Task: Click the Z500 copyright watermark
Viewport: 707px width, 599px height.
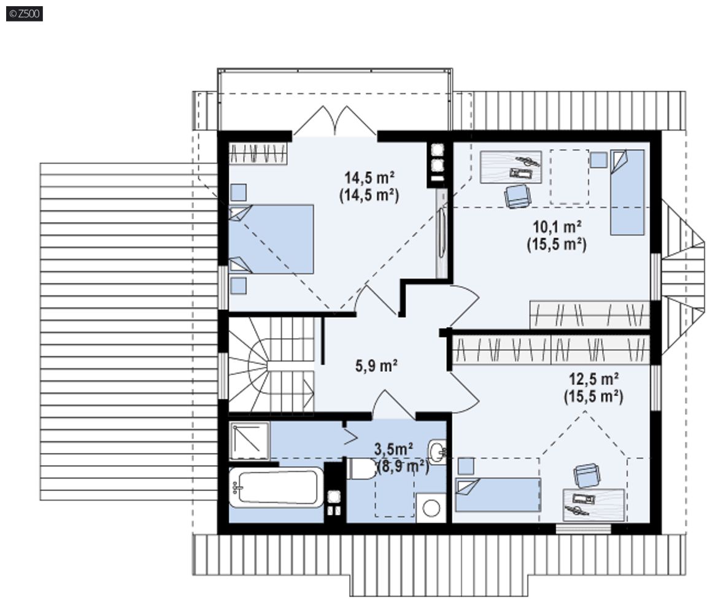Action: [25, 14]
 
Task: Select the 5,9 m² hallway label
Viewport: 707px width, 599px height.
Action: [376, 365]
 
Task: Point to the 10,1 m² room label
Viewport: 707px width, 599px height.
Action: [557, 226]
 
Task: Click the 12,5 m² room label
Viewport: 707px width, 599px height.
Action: [593, 379]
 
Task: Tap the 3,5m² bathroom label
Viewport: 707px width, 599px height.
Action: [393, 449]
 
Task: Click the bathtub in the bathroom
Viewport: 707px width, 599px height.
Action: [276, 487]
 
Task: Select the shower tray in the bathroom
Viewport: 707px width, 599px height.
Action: [249, 441]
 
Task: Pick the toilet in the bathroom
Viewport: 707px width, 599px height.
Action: [361, 469]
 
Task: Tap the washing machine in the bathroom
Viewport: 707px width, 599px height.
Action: [431, 508]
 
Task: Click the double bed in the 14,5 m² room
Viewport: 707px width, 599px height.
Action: [271, 239]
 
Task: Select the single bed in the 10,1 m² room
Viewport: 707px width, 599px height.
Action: [627, 193]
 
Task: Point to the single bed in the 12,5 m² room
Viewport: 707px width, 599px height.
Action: [498, 495]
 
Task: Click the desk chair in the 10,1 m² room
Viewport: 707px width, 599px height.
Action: [517, 196]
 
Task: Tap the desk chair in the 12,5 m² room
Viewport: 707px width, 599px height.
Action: [587, 476]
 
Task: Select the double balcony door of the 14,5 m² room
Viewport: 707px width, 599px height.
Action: [334, 121]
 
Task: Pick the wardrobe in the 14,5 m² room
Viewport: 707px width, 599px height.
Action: [258, 153]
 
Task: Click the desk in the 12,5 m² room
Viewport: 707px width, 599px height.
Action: [594, 504]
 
